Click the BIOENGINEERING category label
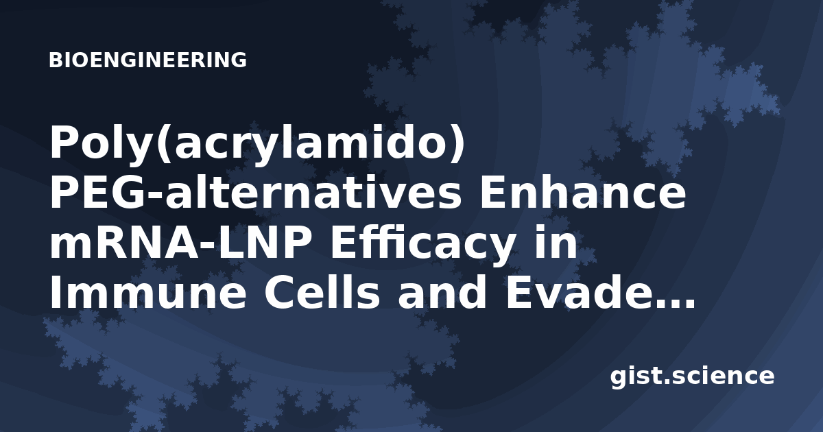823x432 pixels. pos(147,60)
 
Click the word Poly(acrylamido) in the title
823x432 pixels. pos(257,144)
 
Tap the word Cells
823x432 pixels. pos(322,291)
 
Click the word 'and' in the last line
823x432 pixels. pos(442,291)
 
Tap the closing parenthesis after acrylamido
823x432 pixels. pos(457,144)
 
